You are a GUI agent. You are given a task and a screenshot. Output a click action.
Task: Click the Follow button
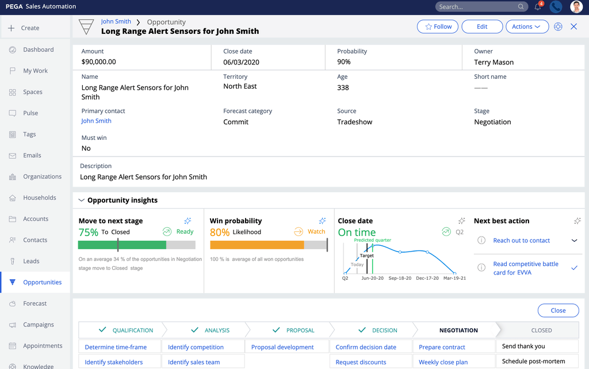(438, 26)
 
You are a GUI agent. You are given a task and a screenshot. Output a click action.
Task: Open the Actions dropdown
(526, 26)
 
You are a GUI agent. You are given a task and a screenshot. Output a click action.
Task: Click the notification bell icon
(538, 7)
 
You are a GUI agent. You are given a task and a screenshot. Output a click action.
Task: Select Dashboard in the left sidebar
(38, 50)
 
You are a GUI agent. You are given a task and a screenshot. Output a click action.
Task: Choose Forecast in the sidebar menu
(35, 303)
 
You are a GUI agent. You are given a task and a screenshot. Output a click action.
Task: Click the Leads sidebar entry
(31, 261)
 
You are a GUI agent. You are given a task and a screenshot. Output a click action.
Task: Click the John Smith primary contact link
(96, 121)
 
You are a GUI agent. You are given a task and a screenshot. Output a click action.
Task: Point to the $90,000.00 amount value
(98, 62)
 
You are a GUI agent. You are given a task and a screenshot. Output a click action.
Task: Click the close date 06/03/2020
(241, 62)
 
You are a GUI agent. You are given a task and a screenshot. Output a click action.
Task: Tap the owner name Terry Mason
(494, 62)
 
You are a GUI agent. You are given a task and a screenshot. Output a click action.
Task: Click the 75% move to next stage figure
(89, 232)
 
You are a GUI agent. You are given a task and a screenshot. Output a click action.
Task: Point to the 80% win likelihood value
(220, 232)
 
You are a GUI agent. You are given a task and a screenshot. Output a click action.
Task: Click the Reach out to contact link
(521, 241)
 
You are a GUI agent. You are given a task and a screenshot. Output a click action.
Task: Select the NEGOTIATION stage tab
(458, 330)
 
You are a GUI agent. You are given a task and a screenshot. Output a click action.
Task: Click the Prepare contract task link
(442, 347)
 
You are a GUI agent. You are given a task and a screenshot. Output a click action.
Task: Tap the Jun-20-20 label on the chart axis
(373, 278)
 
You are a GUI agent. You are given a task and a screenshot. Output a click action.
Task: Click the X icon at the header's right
(573, 26)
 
